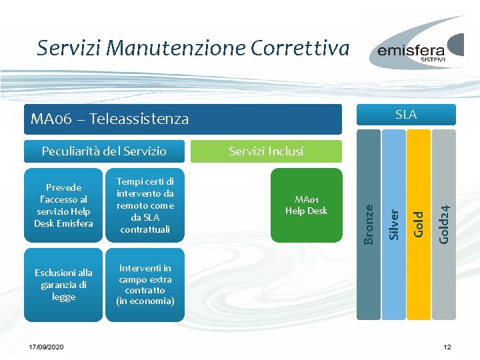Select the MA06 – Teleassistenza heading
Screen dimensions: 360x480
(110, 119)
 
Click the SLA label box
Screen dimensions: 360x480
(405, 115)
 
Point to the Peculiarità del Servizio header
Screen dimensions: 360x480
(104, 151)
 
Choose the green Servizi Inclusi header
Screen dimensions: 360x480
(266, 151)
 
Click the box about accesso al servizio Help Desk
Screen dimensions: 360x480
(63, 205)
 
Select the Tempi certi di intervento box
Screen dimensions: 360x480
(145, 205)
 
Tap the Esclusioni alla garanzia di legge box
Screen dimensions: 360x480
(63, 285)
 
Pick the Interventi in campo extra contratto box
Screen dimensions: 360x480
(145, 285)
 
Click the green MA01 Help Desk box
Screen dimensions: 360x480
(306, 205)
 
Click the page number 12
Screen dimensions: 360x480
(447, 347)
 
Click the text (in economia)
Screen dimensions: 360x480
(145, 301)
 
